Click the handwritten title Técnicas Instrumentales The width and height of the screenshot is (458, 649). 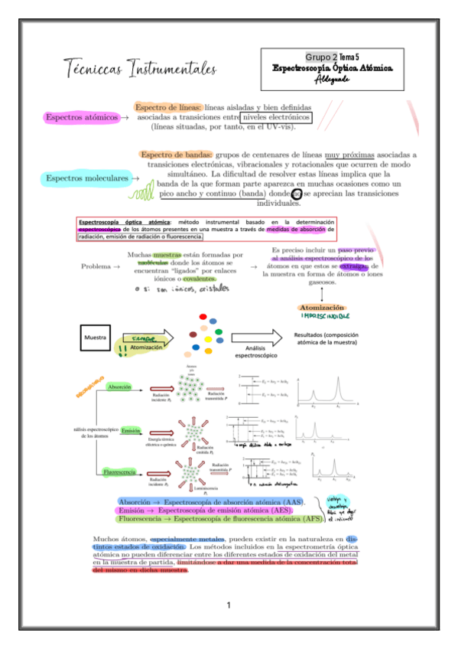[140, 68]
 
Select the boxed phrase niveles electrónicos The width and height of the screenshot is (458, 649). [276, 118]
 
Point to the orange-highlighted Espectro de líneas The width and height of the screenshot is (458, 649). [168, 108]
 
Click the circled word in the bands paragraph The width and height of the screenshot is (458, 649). [295, 194]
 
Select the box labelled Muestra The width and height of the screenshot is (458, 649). [94, 337]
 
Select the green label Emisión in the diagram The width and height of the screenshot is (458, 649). [131, 431]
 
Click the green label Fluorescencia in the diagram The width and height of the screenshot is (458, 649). [121, 472]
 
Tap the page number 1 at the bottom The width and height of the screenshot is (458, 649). [228, 605]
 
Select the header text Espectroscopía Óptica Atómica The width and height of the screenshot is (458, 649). [333, 67]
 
